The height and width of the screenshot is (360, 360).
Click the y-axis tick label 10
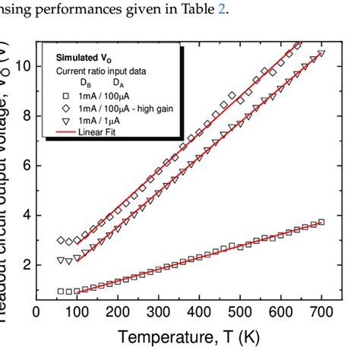21,66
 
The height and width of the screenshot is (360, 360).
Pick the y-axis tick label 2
25,265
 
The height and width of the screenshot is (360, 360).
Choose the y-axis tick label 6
25,166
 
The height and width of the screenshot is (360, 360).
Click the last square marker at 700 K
321,222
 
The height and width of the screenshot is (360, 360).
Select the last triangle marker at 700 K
321,53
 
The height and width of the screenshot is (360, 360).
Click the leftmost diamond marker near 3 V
61,240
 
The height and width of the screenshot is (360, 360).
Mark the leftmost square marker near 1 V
61,291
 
